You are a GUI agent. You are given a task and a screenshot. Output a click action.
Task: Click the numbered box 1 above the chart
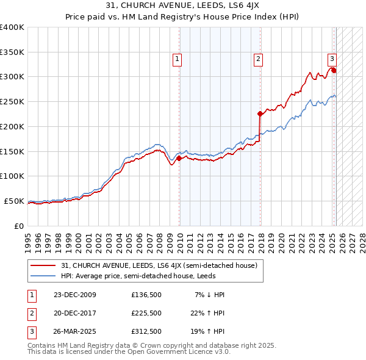(x=177, y=59)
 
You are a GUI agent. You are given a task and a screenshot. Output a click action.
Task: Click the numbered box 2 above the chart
(x=259, y=59)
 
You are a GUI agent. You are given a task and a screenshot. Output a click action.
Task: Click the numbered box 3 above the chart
(x=332, y=59)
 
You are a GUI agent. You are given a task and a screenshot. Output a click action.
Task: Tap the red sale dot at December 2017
(x=260, y=113)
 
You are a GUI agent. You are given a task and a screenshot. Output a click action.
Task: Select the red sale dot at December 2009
(x=179, y=158)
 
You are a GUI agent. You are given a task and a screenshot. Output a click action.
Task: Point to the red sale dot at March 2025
(x=334, y=70)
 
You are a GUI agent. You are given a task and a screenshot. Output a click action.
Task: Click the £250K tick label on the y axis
(x=12, y=101)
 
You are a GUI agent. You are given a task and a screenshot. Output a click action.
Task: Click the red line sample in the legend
(x=44, y=265)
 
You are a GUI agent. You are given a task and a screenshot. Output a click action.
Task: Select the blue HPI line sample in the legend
(x=44, y=276)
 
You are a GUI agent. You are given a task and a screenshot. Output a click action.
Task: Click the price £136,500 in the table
(x=146, y=295)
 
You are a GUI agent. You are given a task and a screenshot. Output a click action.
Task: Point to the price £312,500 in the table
(x=146, y=333)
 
